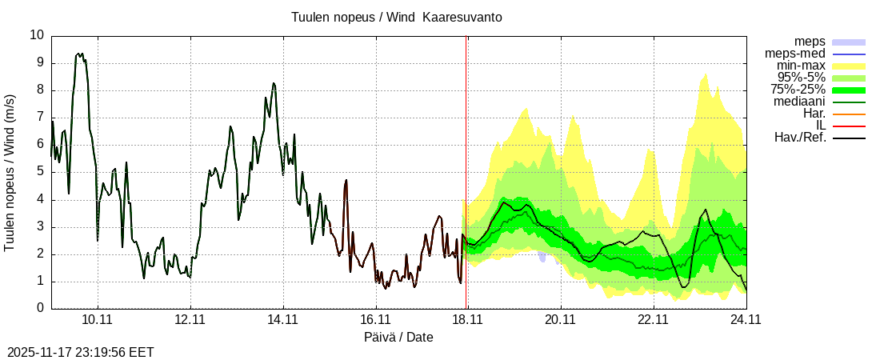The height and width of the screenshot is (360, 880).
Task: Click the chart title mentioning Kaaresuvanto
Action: pos(397,18)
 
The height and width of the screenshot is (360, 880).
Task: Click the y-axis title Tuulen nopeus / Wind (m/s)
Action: pos(10,172)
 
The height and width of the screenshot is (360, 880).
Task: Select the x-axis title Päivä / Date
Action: pos(398,337)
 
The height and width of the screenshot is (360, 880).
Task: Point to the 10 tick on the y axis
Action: pos(37,35)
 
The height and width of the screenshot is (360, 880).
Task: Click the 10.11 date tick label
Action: pos(98,320)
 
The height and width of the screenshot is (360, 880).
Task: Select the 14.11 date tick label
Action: pos(282,320)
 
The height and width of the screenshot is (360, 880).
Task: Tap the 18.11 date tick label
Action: pos(467,320)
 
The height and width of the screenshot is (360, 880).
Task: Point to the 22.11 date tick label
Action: pos(653,320)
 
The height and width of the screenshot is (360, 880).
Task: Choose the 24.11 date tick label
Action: pos(745,320)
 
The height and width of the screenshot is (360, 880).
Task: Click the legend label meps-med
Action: pos(797,54)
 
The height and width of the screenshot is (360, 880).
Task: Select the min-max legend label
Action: pos(801,66)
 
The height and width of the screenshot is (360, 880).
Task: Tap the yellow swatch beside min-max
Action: pos(850,66)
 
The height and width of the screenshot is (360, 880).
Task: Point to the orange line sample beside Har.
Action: pos(850,114)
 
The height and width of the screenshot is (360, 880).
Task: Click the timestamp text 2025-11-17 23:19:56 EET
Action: pos(81,352)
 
